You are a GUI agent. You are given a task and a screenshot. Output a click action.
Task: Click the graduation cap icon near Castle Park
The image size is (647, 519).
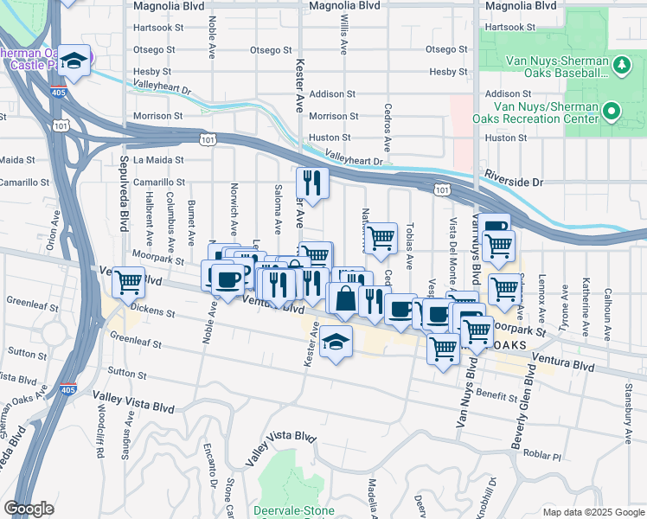pos(76,61)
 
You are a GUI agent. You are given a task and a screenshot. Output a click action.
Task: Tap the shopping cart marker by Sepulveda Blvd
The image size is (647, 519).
pos(128,281)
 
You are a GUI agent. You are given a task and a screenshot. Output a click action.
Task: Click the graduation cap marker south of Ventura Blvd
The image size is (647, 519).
pos(336,343)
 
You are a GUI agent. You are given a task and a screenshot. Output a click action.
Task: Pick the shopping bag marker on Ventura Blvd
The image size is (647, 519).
pos(344,300)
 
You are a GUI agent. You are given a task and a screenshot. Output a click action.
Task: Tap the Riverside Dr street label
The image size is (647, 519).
pos(513,183)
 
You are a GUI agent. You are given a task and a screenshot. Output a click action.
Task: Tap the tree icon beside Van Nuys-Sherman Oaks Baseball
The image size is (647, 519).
pos(620,65)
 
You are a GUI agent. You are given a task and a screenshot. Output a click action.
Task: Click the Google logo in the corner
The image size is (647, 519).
pos(29,508)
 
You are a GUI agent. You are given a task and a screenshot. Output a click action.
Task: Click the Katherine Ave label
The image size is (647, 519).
pos(586,294)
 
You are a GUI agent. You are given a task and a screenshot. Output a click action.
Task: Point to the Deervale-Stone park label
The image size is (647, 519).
pos(294,510)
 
